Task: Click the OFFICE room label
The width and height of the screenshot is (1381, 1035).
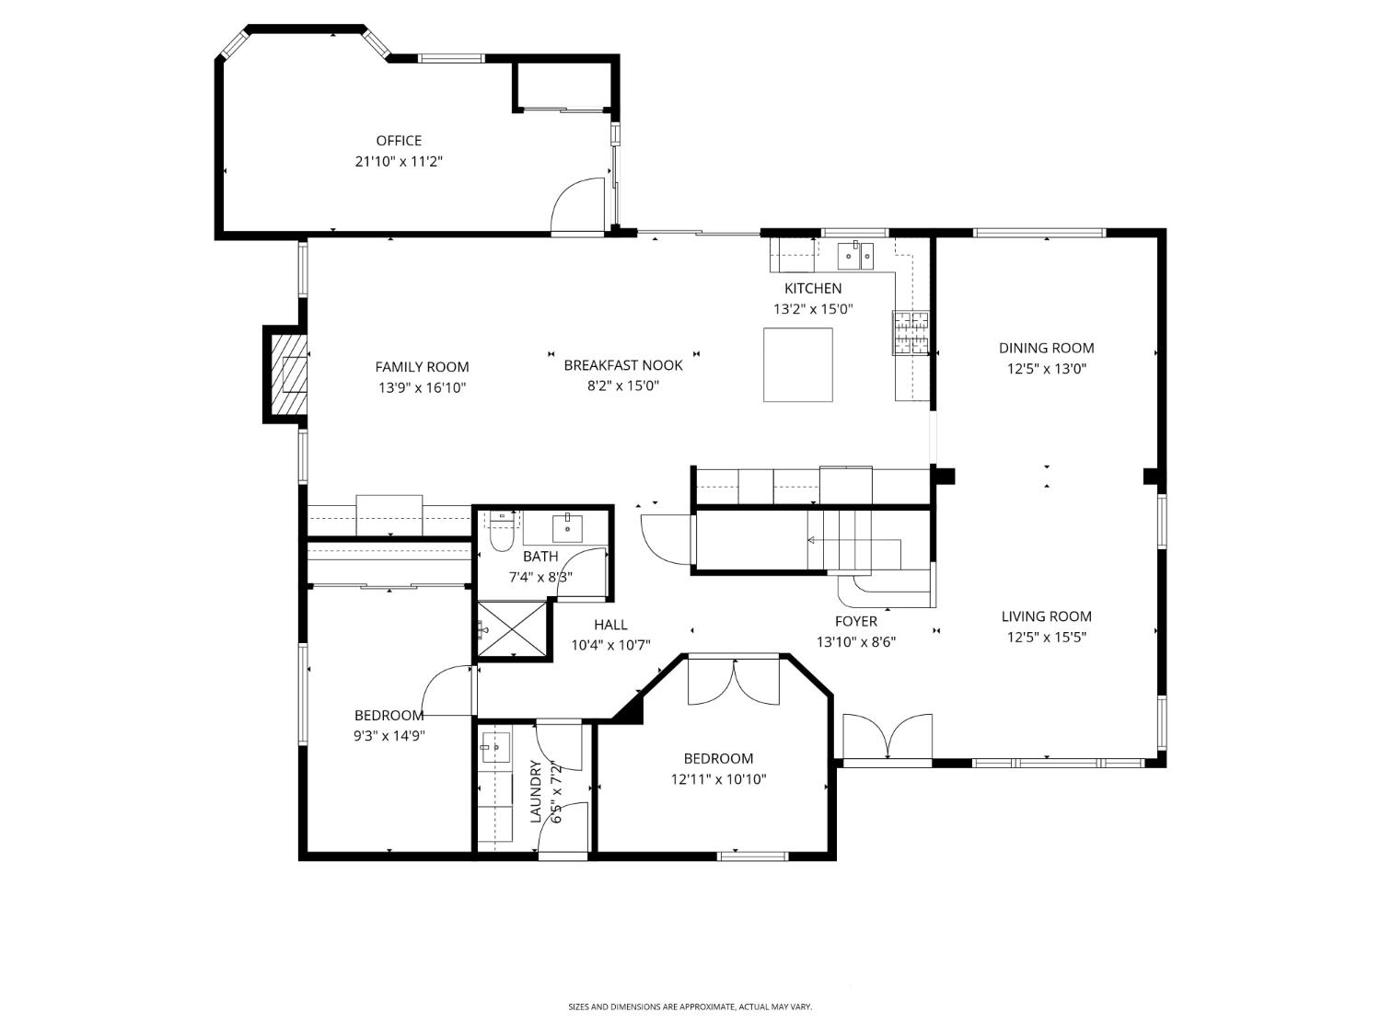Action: [x=399, y=141]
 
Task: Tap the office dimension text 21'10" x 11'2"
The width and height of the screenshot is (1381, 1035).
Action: [x=399, y=162]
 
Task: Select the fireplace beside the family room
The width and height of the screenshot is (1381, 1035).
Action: [x=287, y=374]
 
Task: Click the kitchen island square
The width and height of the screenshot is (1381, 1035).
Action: [x=797, y=364]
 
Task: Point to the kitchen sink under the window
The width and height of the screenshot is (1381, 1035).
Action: [x=855, y=255]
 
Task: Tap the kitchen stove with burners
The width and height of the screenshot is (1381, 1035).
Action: [x=909, y=333]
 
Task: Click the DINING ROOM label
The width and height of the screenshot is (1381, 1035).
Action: [x=1046, y=348]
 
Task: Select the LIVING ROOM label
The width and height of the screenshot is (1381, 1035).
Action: [x=1046, y=616]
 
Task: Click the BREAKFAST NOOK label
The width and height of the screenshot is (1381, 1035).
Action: [x=623, y=365]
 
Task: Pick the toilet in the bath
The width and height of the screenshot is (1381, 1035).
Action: [x=501, y=533]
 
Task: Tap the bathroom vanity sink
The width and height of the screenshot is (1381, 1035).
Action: [x=567, y=528]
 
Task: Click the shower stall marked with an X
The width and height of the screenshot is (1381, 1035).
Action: [x=511, y=629]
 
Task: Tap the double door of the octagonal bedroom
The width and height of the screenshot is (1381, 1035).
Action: [x=734, y=683]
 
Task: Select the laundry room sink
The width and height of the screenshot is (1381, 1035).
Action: [x=495, y=748]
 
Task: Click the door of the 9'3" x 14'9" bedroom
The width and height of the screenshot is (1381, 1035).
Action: [x=447, y=691]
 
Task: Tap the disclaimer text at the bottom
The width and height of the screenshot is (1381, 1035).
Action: [x=690, y=1007]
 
